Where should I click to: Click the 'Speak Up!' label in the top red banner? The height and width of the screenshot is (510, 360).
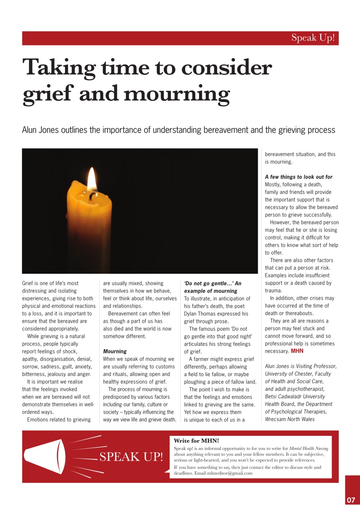click(x=312, y=38)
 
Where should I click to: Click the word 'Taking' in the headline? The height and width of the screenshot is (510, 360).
click(x=58, y=67)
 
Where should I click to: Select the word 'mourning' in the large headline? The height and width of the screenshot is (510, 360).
click(x=177, y=94)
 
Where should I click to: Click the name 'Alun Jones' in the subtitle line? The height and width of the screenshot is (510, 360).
click(x=40, y=130)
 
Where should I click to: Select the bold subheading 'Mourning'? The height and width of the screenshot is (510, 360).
click(x=115, y=351)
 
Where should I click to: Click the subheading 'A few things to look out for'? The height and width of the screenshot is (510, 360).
click(x=298, y=177)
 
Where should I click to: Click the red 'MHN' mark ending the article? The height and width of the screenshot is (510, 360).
click(x=297, y=351)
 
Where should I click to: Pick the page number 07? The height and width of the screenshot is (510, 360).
click(x=351, y=500)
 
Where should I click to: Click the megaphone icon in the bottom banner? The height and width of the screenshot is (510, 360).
click(x=45, y=457)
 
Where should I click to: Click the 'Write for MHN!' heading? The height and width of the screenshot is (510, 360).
click(x=196, y=441)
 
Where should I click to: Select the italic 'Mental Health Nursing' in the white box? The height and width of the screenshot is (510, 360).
click(x=309, y=448)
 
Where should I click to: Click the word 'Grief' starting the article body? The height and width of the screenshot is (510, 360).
click(x=28, y=283)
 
